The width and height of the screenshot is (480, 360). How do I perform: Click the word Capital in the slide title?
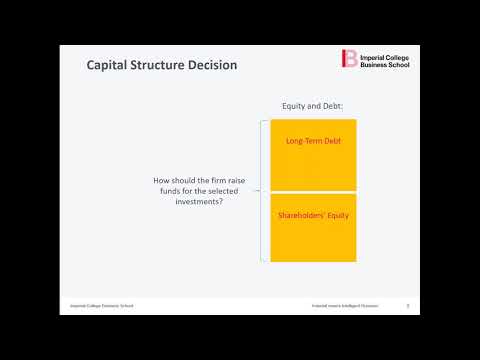(110, 66)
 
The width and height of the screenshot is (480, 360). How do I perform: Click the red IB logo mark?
(349, 58)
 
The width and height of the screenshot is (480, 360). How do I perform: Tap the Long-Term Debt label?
(313, 141)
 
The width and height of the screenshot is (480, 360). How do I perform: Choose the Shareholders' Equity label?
(313, 215)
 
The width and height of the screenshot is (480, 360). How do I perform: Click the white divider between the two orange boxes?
(313, 192)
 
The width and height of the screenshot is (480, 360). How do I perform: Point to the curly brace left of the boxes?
(262, 191)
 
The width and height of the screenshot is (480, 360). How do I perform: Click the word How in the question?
(161, 181)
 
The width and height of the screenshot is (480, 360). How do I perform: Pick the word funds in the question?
(163, 191)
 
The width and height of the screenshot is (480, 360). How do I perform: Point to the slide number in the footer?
(407, 305)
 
